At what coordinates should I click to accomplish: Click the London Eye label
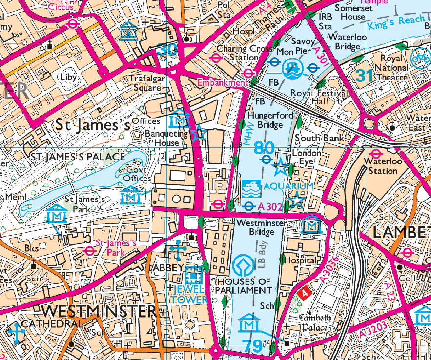coord(306,157)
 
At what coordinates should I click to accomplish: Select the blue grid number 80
coord(265,147)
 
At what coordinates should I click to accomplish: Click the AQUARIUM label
coord(289,187)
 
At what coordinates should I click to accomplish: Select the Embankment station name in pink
coord(223,83)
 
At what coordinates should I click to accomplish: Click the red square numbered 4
coord(304,294)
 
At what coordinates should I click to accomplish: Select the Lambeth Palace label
coord(313,322)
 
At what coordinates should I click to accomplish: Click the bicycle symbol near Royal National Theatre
coord(421,58)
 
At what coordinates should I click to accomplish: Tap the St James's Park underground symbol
coord(89,251)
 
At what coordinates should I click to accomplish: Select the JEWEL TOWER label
coord(189,295)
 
